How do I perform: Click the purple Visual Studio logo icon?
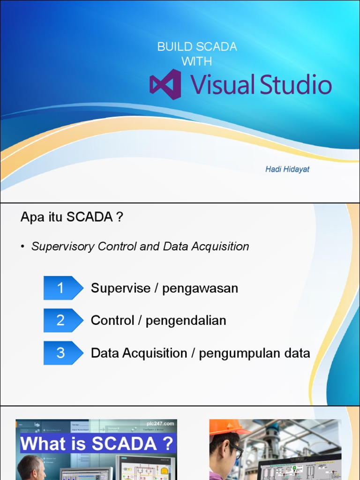pyautogui.click(x=165, y=84)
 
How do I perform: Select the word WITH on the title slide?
pyautogui.click(x=197, y=61)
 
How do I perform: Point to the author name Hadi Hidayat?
pyautogui.click(x=287, y=169)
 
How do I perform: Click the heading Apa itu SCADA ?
pyautogui.click(x=72, y=217)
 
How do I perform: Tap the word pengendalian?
pyautogui.click(x=186, y=321)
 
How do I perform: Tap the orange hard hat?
pyautogui.click(x=227, y=427)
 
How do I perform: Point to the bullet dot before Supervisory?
pyautogui.click(x=22, y=247)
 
